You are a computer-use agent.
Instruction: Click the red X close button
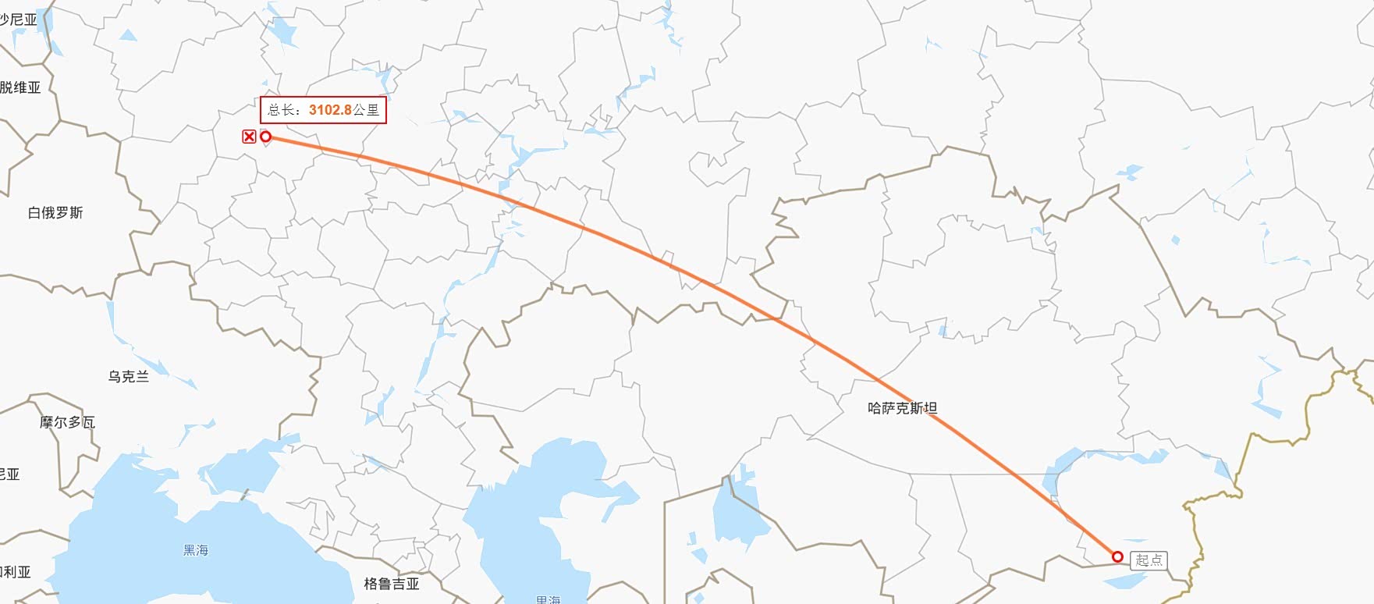(x=249, y=137)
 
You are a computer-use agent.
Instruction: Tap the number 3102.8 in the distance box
(x=330, y=110)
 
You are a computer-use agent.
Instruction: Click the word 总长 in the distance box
(x=282, y=110)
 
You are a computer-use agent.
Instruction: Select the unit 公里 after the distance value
(x=366, y=110)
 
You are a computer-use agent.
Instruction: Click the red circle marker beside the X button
(x=265, y=137)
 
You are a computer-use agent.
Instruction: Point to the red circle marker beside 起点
(x=1117, y=556)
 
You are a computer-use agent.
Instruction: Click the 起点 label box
(x=1149, y=560)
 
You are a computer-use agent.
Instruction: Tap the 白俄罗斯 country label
(x=55, y=213)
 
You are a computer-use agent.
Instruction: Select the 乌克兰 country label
(x=128, y=377)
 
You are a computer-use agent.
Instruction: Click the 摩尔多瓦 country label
(x=67, y=422)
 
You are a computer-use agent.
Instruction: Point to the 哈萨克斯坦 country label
(x=902, y=407)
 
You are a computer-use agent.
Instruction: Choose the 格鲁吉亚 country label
(x=392, y=584)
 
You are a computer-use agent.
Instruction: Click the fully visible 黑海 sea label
(x=196, y=550)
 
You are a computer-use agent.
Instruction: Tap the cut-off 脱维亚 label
(x=20, y=87)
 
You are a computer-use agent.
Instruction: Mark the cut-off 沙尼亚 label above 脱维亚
(x=19, y=20)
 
